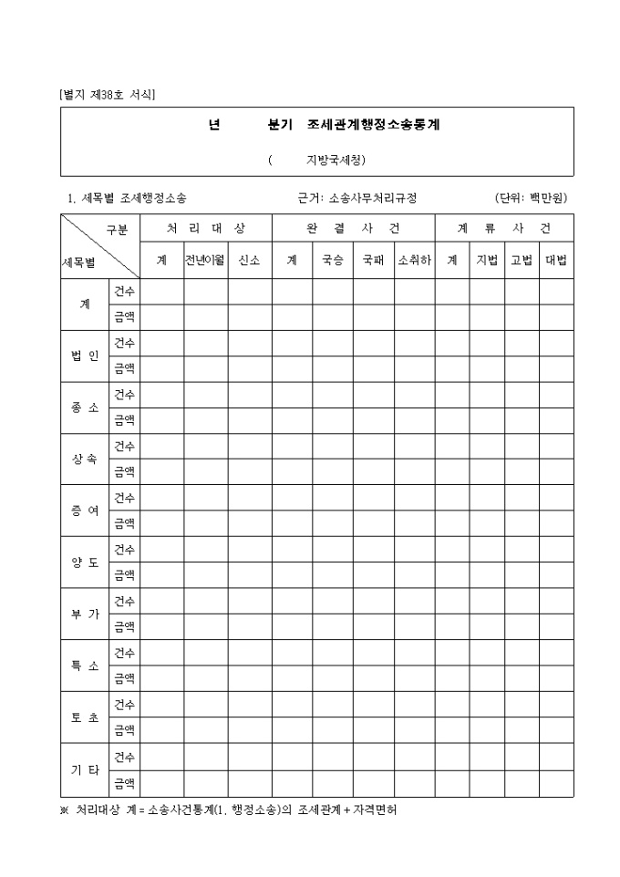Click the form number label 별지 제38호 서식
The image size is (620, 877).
[x=107, y=94]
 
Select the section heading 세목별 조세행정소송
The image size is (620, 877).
[x=128, y=198]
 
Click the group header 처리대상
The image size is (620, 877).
[x=205, y=228]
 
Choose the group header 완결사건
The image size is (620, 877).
[x=353, y=228]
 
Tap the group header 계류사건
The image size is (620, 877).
[x=503, y=228]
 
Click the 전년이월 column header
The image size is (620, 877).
[x=205, y=260]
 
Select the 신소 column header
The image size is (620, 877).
[x=249, y=260]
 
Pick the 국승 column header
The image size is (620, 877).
[x=332, y=260]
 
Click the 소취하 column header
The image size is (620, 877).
[x=414, y=260]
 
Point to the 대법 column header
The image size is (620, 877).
[x=556, y=260]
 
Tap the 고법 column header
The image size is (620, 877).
[x=522, y=260]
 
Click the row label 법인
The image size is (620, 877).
[x=85, y=356]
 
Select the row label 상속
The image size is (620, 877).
[x=85, y=459]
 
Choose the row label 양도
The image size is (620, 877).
[x=85, y=562]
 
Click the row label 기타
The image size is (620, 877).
[x=85, y=770]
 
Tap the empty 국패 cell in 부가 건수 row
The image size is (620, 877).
[x=373, y=602]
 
